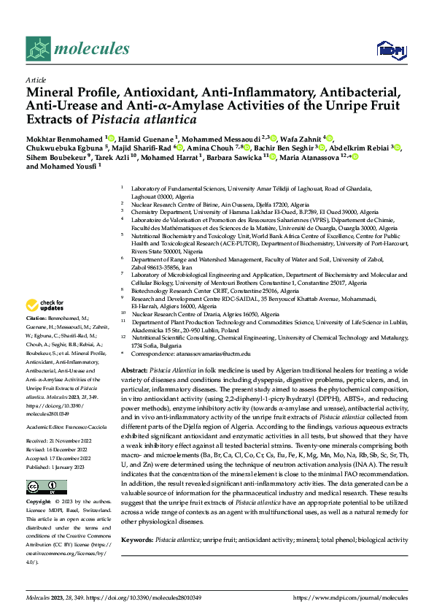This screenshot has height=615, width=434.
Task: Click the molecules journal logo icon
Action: click(x=37, y=49)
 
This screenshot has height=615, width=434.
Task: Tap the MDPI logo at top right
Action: click(x=387, y=50)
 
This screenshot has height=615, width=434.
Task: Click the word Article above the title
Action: click(x=36, y=80)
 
